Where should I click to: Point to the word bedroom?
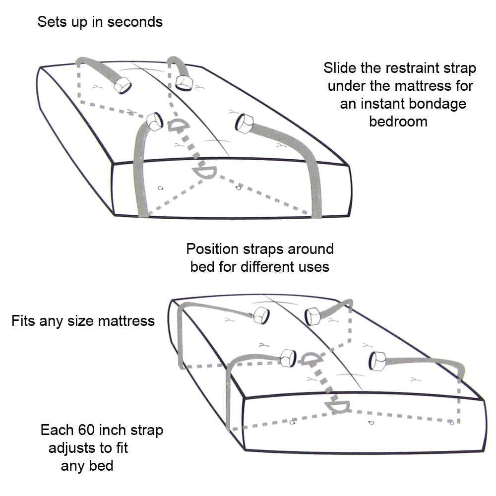(x=398, y=122)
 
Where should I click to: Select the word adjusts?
(x=74, y=448)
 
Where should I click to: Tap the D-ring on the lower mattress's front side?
(x=337, y=407)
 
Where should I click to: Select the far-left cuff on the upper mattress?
(x=122, y=86)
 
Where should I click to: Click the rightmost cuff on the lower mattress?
(x=377, y=361)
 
